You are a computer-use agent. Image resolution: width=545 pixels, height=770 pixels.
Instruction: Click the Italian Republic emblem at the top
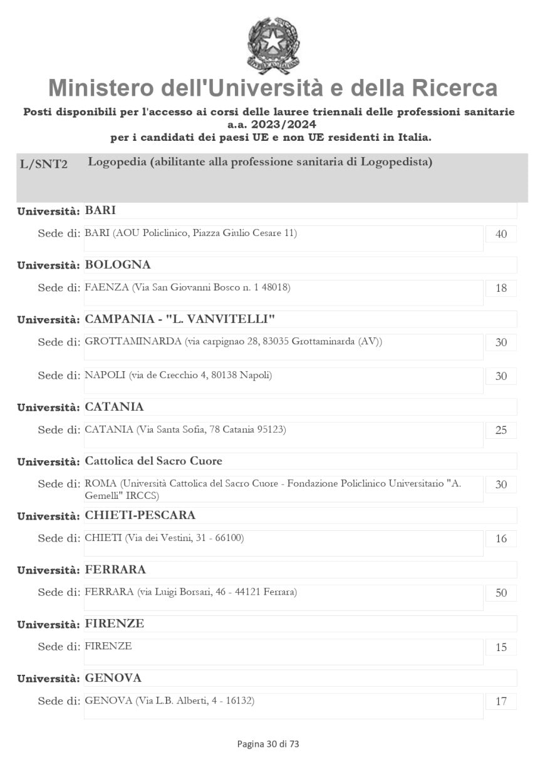pyautogui.click(x=273, y=44)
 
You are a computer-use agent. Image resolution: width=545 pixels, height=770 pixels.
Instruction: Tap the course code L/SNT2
pyautogui.click(x=44, y=164)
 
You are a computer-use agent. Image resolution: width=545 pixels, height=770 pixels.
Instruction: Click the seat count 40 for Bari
pyautogui.click(x=501, y=234)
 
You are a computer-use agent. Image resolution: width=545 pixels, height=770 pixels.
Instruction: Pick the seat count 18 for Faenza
pyautogui.click(x=501, y=289)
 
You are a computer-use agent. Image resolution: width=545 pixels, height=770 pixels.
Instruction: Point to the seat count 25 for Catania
pyautogui.click(x=501, y=431)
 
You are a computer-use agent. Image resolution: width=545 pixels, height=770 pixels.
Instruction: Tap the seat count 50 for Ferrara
pyautogui.click(x=501, y=593)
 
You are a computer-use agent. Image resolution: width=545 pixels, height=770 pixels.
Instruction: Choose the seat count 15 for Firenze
pyautogui.click(x=501, y=647)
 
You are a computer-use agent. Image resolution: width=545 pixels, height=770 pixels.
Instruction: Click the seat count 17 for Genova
pyautogui.click(x=501, y=702)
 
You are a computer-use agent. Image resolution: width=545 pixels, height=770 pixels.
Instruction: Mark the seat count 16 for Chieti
pyautogui.click(x=501, y=539)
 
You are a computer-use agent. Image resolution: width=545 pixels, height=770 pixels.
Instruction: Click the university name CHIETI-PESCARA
pyautogui.click(x=140, y=515)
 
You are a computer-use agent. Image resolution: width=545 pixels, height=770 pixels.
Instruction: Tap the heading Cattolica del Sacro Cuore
pyautogui.click(x=153, y=461)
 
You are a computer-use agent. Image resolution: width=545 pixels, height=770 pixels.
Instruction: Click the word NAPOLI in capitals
pyautogui.click(x=105, y=376)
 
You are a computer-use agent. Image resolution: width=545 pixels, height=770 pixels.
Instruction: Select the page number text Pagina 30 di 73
pyautogui.click(x=268, y=744)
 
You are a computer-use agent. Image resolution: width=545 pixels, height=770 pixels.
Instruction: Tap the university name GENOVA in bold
pyautogui.click(x=113, y=678)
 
